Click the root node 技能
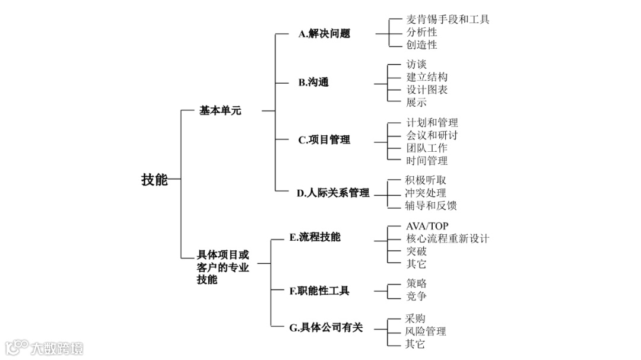coord(154,180)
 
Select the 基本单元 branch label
coord(220,110)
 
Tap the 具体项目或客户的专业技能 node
coord(223,267)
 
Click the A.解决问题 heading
coord(324,34)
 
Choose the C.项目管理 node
coord(324,140)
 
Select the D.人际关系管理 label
coord(333,192)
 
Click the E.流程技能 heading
coord(315,237)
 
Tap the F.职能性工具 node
coord(319,291)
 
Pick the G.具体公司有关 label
coord(326,327)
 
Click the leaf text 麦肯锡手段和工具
coord(448,20)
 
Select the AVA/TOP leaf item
coord(427,226)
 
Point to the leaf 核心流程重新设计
coord(448,238)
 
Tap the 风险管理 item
coord(426,331)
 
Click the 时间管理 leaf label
coord(427,160)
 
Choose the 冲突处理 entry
coord(426,193)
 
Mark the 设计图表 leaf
coord(427,90)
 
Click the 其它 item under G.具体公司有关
coord(415,344)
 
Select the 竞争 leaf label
coord(416,296)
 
